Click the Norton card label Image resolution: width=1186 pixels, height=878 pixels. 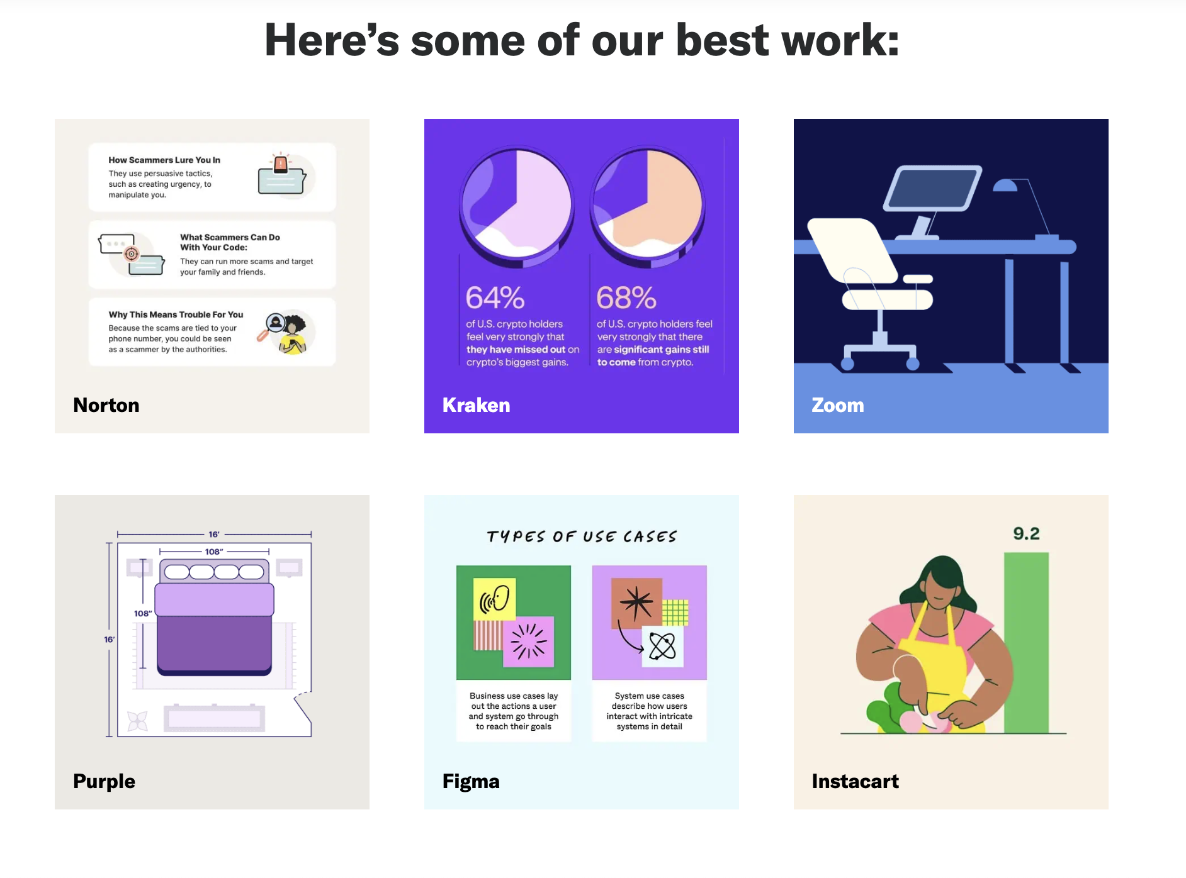106,405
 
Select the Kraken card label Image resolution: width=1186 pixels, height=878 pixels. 477,405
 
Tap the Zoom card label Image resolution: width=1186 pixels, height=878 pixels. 838,405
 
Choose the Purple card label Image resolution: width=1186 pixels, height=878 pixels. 104,781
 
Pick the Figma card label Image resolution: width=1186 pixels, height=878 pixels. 471,781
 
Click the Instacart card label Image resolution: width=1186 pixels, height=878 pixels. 856,781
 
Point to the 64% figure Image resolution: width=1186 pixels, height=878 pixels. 495,297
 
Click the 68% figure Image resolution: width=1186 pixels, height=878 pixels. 626,297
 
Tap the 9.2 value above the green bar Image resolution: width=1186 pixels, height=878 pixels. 1026,533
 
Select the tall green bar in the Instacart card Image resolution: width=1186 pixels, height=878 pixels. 1026,643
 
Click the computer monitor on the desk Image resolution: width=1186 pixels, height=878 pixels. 932,188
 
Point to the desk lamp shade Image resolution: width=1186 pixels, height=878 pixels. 1005,185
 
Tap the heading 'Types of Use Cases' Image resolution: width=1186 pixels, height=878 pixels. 582,536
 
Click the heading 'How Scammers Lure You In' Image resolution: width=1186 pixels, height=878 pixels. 164,160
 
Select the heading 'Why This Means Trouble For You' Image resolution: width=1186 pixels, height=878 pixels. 176,314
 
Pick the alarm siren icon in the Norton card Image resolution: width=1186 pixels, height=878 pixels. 281,163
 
